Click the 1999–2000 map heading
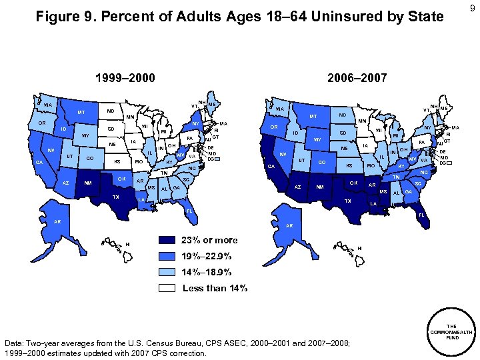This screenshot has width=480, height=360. pyautogui.click(x=122, y=78)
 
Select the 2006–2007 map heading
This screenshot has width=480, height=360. pyautogui.click(x=357, y=78)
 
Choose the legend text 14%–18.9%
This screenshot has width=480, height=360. pyautogui.click(x=207, y=273)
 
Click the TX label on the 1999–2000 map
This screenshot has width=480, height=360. pyautogui.click(x=116, y=197)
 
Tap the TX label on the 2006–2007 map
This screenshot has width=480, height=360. pyautogui.click(x=347, y=201)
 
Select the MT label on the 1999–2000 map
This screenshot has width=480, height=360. pyautogui.click(x=81, y=113)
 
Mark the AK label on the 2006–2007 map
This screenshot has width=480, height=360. pyautogui.click(x=289, y=226)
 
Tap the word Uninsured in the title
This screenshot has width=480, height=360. pyautogui.click(x=293, y=17)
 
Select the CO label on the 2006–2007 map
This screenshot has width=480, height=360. pyautogui.click(x=322, y=163)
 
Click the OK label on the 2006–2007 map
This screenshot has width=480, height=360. pyautogui.click(x=353, y=183)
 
